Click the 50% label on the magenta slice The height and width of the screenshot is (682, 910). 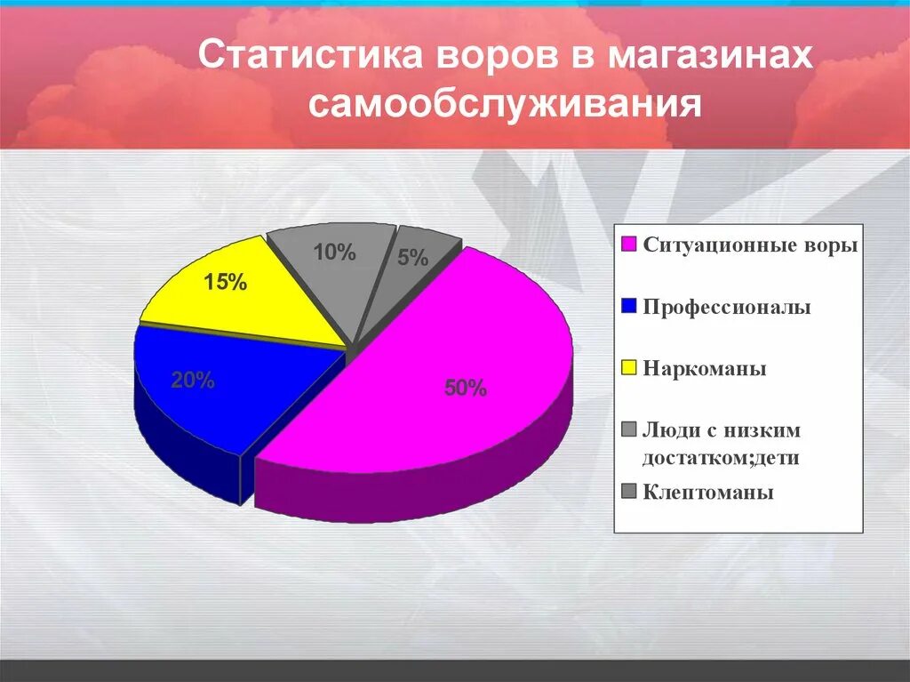466,388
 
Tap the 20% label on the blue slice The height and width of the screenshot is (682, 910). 193,381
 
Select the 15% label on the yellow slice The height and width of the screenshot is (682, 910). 224,283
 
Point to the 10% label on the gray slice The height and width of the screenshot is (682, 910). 334,253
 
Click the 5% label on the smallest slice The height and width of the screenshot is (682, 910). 413,259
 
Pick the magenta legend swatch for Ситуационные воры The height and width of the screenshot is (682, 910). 629,245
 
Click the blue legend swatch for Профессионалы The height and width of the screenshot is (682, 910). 629,307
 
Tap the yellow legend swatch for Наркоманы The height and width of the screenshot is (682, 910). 629,368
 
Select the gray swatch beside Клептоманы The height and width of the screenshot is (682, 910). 629,492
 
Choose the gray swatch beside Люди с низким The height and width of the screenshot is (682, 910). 629,430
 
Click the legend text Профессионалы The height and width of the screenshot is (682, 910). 727,307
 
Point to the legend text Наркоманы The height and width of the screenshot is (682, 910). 705,368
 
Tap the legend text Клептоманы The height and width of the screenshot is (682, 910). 708,492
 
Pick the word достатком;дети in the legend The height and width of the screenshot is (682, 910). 721,458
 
